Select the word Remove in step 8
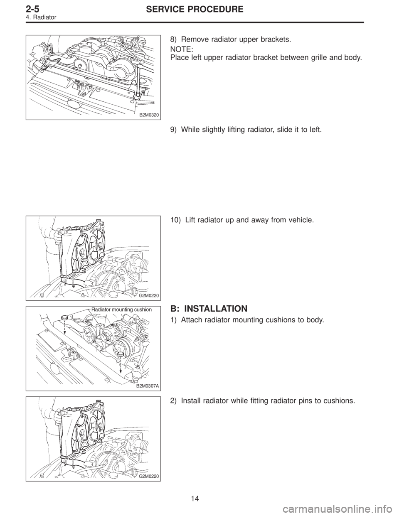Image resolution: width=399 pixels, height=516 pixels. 194,41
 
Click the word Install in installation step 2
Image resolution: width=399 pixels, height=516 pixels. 190,401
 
